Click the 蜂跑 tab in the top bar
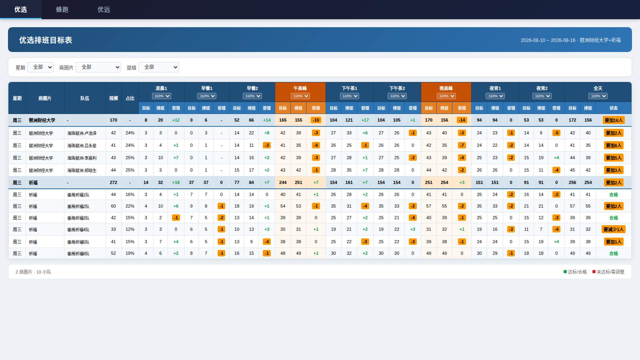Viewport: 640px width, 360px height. pyautogui.click(x=62, y=10)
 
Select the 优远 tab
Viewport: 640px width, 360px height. pyautogui.click(x=104, y=10)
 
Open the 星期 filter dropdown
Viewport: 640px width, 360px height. pyautogui.click(x=40, y=67)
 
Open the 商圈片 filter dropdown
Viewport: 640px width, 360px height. pyautogui.click(x=98, y=67)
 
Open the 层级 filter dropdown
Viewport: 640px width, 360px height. pyautogui.click(x=159, y=67)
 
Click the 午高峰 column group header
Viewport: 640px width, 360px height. pyautogui.click(x=300, y=88)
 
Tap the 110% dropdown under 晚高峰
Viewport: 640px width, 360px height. pyautogui.click(x=446, y=96)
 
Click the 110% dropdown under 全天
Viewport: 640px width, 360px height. pyautogui.click(x=598, y=96)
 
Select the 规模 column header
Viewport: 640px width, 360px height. pyautogui.click(x=114, y=98)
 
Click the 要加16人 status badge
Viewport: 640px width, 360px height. pyautogui.click(x=614, y=120)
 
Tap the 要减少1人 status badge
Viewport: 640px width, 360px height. pyautogui.click(x=614, y=230)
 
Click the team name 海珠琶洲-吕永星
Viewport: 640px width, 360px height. pyautogui.click(x=82, y=146)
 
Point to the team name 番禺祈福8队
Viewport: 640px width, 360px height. pyautogui.click(x=78, y=254)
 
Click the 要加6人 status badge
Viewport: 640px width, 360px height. pyautogui.click(x=614, y=146)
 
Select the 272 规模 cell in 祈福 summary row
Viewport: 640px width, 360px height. pyautogui.click(x=114, y=182)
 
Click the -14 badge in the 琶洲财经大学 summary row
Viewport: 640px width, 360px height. pyautogui.click(x=462, y=120)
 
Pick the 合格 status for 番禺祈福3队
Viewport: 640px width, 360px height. pyautogui.click(x=614, y=218)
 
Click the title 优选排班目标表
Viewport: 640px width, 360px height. pyautogui.click(x=46, y=40)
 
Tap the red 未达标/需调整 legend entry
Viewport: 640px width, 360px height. pyautogui.click(x=608, y=272)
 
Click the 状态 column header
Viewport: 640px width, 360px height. pyautogui.click(x=614, y=108)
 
